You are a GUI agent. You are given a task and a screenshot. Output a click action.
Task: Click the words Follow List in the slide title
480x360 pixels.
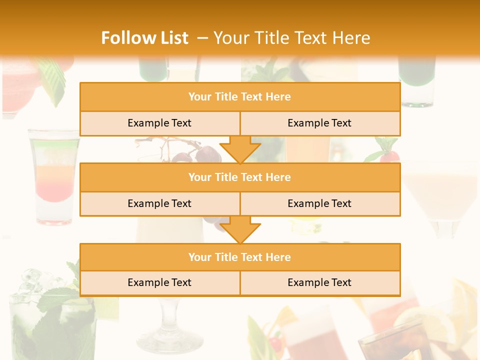(144, 38)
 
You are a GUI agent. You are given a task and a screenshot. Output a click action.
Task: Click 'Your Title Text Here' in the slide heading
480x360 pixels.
(291, 38)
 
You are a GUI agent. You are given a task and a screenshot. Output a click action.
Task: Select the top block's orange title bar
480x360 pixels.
(240, 97)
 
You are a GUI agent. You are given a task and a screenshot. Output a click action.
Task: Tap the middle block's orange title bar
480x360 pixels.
(240, 177)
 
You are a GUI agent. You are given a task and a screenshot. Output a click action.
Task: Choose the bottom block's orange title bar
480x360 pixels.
(240, 257)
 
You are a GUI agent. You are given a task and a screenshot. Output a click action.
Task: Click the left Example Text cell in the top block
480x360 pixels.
(159, 123)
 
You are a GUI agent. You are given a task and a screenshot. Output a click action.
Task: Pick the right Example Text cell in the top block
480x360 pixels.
(319, 123)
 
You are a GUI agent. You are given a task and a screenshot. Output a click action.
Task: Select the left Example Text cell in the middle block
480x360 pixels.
(159, 203)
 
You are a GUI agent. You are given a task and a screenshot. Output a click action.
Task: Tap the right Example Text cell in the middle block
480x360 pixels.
(319, 203)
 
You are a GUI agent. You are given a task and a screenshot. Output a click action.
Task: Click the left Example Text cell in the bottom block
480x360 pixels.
(159, 282)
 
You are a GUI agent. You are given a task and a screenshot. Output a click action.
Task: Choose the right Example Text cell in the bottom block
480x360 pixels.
(319, 282)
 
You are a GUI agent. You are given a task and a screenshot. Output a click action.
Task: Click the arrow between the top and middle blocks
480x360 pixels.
(240, 149)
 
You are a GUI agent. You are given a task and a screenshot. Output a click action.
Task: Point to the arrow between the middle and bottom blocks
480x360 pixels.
(240, 229)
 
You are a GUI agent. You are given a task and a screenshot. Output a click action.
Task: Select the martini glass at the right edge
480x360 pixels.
(440, 195)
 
